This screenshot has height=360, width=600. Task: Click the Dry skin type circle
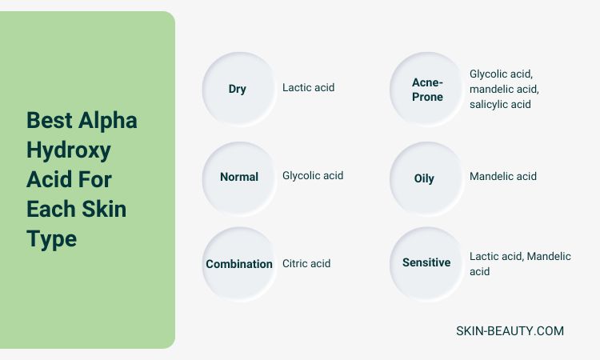coord(239,89)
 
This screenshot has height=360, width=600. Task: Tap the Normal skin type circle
coord(239,178)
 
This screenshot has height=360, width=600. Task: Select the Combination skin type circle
coord(239,263)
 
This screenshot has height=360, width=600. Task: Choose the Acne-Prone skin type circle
coord(426,89)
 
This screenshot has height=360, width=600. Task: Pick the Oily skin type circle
coord(426,178)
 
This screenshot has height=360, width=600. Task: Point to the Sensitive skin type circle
coord(426,263)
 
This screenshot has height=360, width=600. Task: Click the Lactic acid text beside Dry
coord(309,88)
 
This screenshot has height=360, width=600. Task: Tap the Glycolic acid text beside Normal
coord(313,176)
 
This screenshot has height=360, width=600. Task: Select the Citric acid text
coord(306,263)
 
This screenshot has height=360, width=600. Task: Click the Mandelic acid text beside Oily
coord(503,176)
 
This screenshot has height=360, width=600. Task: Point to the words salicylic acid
coord(500,104)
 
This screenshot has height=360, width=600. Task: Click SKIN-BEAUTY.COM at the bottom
coord(510,331)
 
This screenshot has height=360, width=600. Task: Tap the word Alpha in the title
coord(107,122)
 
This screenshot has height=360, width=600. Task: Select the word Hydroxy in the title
coord(69,150)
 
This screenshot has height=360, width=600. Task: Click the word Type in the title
coord(52,239)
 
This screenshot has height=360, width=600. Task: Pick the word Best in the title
coord(50,121)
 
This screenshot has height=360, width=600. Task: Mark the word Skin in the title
coord(104,209)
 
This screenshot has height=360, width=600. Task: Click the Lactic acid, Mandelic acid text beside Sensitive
coord(520,263)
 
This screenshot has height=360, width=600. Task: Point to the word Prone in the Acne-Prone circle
coord(427,97)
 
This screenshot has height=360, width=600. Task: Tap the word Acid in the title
coord(49,180)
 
